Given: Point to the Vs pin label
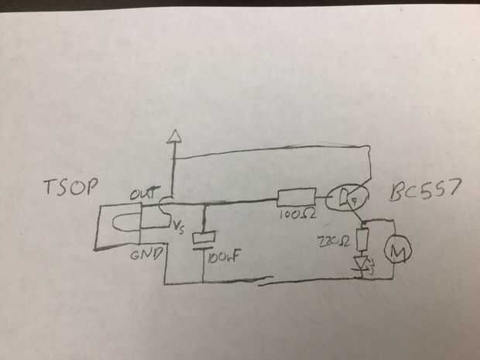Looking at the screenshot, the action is coord(180,228).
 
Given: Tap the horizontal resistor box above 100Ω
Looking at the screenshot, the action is coord(296,197).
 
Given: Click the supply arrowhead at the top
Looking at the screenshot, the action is coord(174,138).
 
